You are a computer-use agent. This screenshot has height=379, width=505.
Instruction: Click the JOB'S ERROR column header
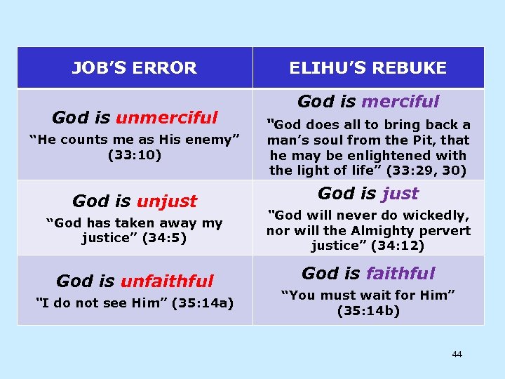point(135,68)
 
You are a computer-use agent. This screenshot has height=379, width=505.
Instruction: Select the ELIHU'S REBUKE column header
point(368,68)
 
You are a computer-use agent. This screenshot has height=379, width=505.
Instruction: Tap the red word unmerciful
point(167,117)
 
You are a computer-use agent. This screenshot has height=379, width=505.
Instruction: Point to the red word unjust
point(167,201)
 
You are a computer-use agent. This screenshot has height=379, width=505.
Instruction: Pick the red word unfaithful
point(167,281)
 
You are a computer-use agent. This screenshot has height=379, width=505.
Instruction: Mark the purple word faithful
point(400,274)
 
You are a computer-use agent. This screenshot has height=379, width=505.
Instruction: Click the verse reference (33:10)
point(135,154)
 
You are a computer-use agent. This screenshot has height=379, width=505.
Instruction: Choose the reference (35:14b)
point(368,310)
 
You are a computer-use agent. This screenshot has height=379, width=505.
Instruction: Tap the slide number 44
point(457,354)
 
